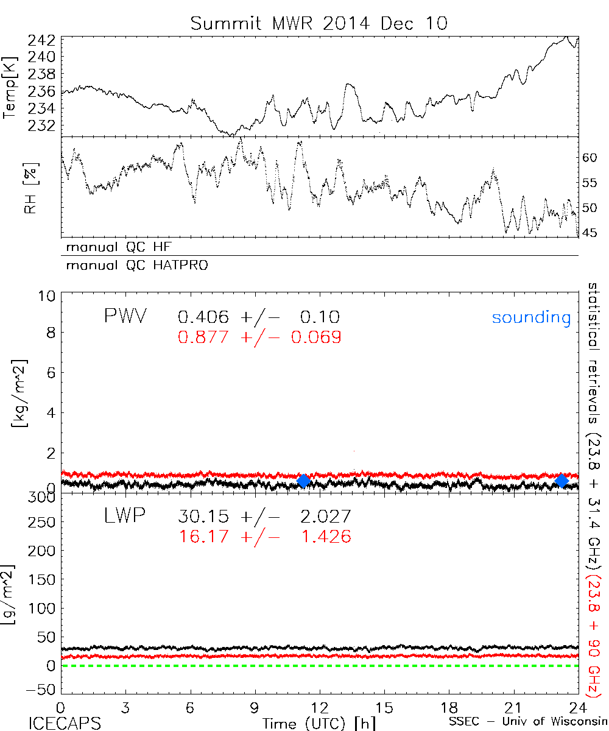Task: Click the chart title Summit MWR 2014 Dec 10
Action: [x=319, y=23]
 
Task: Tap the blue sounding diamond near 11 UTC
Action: [x=303, y=481]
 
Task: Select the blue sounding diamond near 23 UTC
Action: [x=562, y=481]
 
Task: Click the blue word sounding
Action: [x=532, y=317]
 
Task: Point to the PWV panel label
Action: [x=125, y=316]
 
